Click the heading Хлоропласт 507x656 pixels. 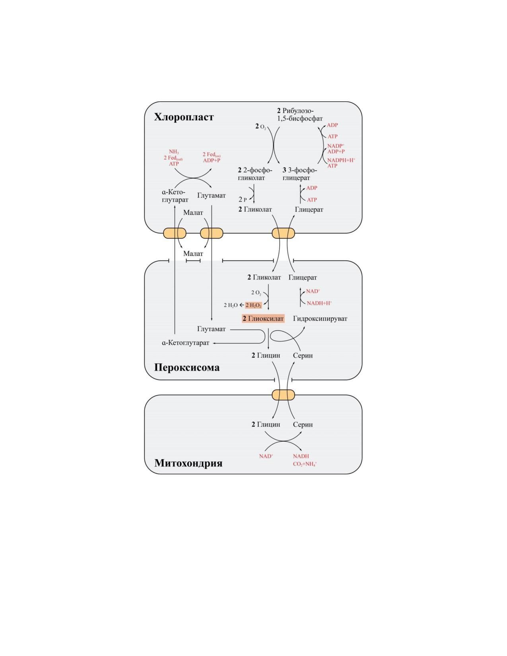pos(184,117)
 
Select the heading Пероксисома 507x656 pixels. pos(186,367)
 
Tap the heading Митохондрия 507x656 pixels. pos(188,463)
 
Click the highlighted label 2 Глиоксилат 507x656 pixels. pos(263,318)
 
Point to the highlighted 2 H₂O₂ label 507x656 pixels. pos(253,305)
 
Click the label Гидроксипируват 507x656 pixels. pos(320,318)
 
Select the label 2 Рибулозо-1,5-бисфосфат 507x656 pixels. pos(299,115)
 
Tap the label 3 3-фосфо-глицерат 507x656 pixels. pos(299,174)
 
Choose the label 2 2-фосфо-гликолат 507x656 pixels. pos(255,174)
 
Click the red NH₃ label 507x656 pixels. pos(174,152)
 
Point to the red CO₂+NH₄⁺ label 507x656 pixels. pos(305,464)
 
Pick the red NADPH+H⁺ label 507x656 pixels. pos(341,160)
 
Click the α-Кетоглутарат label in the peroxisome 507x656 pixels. pos(185,343)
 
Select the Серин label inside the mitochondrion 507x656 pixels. pos(303,425)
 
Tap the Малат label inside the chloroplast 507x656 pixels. pos(193,213)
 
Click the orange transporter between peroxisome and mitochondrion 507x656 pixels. pos(283,395)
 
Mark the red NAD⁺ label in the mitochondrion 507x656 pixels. pos(266,456)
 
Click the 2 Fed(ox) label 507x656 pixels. pos(212,155)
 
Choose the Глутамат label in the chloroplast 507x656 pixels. pos(212,196)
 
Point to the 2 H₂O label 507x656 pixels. pos(231,305)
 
